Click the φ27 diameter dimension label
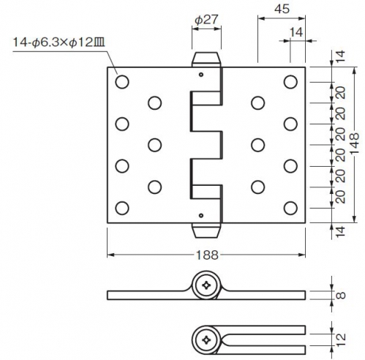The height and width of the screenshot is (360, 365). point(206,20)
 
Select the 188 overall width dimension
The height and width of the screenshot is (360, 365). point(207,255)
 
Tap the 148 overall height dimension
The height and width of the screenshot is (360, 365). point(355,144)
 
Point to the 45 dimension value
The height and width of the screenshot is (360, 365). point(282,9)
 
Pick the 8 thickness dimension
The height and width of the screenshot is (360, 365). point(341,295)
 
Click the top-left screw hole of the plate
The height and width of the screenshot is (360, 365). point(122,81)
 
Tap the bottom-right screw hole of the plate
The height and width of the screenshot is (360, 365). point(290,208)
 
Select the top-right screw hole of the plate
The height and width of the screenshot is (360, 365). point(290,81)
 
